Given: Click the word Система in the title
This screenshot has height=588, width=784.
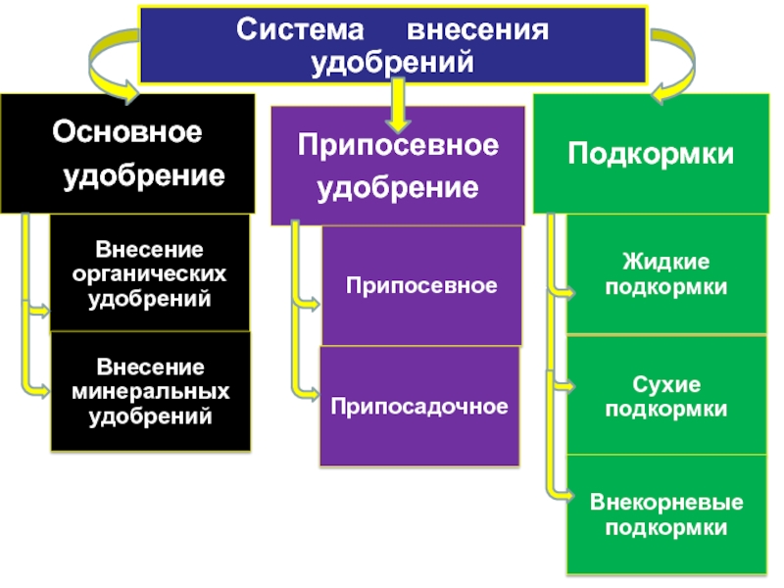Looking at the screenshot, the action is tap(300, 29).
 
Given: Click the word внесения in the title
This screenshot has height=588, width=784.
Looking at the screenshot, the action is tap(477, 30).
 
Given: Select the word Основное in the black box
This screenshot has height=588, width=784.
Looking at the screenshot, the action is tap(127, 131).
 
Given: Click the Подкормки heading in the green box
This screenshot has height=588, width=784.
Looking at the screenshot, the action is tap(651, 154).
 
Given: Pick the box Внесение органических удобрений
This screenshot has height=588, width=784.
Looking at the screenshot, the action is tap(150, 272).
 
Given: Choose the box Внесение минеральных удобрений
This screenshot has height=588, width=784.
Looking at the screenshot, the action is tap(151, 391).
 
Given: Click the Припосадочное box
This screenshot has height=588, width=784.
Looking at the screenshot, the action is tap(419, 406).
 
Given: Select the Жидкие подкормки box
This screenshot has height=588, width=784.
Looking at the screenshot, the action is tap(666, 274).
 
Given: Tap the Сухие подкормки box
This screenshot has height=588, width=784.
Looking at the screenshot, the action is tap(666, 396).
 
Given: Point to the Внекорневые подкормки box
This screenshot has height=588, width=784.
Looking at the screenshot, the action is tap(666, 514).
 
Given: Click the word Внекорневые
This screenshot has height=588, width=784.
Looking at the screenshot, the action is tap(666, 502).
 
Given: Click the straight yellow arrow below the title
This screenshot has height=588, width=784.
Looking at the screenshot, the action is tap(398, 106).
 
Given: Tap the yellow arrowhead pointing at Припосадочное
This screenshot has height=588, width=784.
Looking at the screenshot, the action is tap(312, 394).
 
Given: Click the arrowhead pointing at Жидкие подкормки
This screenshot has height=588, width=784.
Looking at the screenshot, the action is tap(568, 292).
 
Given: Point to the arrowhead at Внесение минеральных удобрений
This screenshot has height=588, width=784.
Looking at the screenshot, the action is tap(43, 390).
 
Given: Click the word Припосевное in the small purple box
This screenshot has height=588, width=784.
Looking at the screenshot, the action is tap(421, 285).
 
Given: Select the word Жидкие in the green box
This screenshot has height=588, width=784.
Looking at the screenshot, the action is tap(666, 262).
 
